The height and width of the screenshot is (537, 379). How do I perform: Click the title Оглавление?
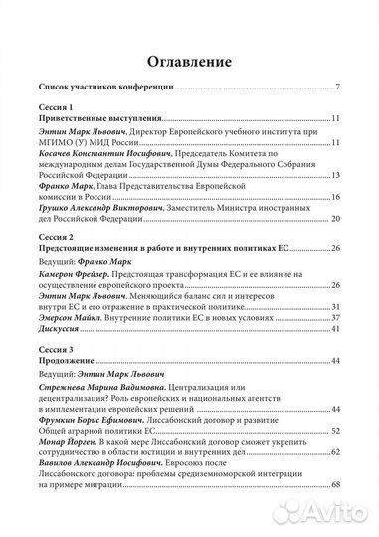pos(189,56)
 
